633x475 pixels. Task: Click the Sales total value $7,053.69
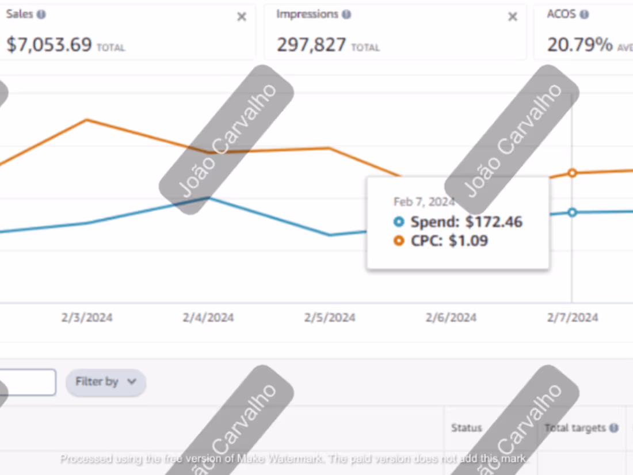pos(49,45)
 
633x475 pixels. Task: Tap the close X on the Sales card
pos(242,17)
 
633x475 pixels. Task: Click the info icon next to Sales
pos(41,14)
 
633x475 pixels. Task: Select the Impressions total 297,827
pos(311,45)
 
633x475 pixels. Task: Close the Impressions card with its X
pos(512,17)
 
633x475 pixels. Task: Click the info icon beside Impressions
pos(346,14)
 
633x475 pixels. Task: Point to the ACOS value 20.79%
pos(579,45)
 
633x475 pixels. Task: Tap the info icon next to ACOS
pos(584,14)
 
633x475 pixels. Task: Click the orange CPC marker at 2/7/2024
pos(572,173)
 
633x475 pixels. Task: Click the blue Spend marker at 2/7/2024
pos(572,212)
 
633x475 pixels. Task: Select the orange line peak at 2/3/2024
pos(87,120)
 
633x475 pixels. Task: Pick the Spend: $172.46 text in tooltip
pos(466,222)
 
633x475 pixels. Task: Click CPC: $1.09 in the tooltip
pos(448,241)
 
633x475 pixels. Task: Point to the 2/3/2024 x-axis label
pos(87,318)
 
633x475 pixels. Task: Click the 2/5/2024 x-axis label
pos(330,318)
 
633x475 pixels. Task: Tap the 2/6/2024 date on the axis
pos(451,318)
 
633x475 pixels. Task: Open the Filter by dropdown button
pos(106,382)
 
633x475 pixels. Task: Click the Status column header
pos(466,428)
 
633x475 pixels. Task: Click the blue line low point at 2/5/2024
pos(330,235)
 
